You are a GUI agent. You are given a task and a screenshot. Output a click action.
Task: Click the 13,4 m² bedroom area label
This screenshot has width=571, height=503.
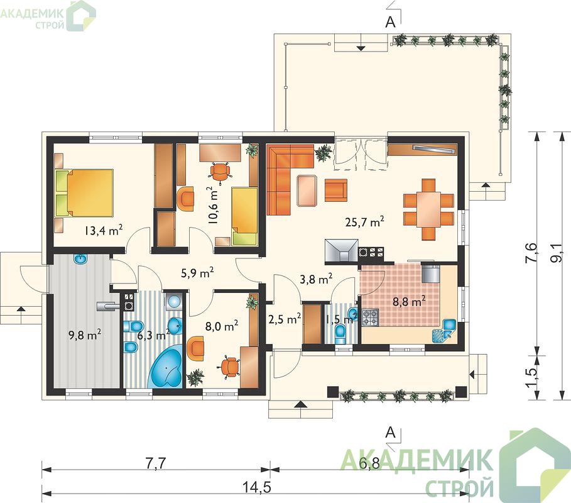pyautogui.click(x=104, y=230)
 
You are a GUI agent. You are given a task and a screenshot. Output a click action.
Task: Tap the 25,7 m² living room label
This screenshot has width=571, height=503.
pyautogui.click(x=365, y=221)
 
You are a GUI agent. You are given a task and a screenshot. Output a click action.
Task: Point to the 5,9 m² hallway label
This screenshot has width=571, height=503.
pyautogui.click(x=197, y=273)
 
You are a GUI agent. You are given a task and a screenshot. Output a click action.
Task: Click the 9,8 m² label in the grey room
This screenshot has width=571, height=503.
pyautogui.click(x=85, y=334)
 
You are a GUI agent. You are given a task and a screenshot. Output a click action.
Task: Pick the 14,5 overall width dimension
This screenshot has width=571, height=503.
pyautogui.click(x=257, y=487)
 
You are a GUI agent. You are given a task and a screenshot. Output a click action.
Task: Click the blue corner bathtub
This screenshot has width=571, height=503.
pyautogui.click(x=166, y=367)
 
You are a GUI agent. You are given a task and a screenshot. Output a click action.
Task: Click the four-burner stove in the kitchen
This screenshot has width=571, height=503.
pyautogui.click(x=369, y=318)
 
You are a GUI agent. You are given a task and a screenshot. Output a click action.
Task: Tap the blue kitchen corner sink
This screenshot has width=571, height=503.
pyautogui.click(x=443, y=330)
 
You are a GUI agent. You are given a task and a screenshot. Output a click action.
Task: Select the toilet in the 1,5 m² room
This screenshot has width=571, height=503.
pyautogui.click(x=340, y=334)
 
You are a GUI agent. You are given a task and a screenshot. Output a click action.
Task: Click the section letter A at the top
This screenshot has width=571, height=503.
pyautogui.click(x=390, y=22)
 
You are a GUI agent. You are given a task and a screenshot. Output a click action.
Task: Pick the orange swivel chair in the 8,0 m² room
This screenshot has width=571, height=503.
pyautogui.click(x=230, y=367)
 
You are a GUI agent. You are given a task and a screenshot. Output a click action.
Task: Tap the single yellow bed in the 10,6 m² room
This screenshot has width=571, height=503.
pyautogui.click(x=245, y=216)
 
